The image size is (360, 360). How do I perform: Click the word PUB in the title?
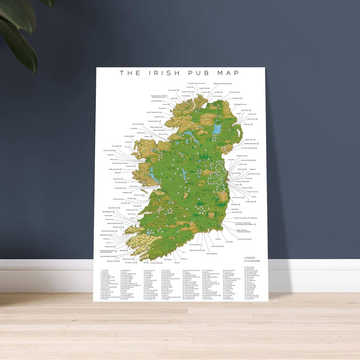coord(199,73)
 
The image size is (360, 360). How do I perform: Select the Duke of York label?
coord(252,114)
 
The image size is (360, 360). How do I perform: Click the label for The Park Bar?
coord(190,87)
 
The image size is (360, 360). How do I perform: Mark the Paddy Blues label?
coord(235,209)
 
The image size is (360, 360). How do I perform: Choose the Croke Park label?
coord(231,160)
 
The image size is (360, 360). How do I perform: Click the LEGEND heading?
coord(249,258)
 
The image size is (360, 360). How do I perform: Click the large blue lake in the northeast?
coord(217,129)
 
